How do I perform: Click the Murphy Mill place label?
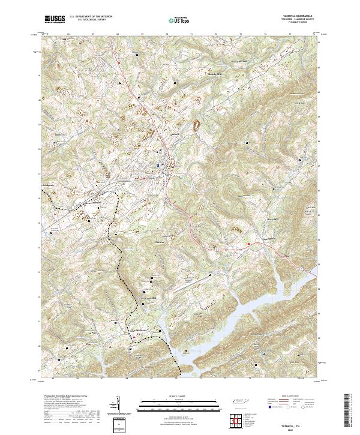click(x=215, y=74)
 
